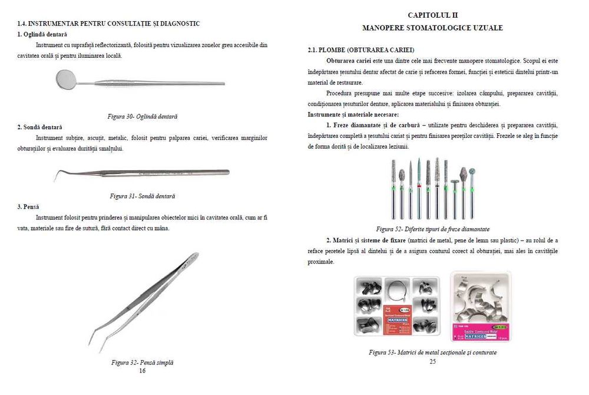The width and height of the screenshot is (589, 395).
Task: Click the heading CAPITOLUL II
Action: pos(432,14)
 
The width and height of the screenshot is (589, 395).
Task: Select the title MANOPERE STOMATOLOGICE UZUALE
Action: pos(432,28)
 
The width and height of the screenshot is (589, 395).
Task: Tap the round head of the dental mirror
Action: pos(70,78)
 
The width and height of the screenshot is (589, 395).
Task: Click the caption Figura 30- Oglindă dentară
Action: pos(143,116)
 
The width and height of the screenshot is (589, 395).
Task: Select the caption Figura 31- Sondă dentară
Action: pos(142,195)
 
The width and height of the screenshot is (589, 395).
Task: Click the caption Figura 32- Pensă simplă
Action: pos(142,363)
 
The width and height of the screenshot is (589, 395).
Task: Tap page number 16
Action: pos(142,371)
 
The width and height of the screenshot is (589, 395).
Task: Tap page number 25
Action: pos(432,361)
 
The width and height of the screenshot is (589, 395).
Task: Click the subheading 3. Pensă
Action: pos(28,207)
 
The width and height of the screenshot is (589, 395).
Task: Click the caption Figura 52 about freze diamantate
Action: pos(432,229)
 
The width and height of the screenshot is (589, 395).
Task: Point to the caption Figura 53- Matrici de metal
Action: pos(432,352)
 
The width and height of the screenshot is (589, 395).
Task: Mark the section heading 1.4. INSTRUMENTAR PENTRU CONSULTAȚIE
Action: pos(108,24)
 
